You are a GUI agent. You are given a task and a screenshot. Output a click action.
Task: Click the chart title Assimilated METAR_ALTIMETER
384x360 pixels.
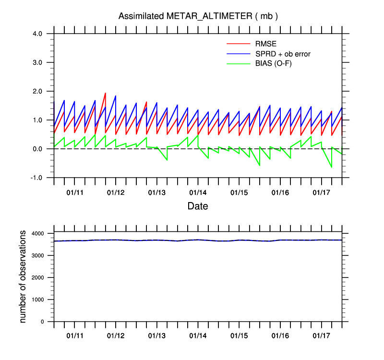click(x=198, y=16)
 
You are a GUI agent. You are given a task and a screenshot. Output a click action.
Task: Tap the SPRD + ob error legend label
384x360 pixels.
click(x=283, y=54)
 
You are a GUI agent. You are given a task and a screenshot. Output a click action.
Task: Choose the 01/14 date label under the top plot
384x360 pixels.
click(x=198, y=192)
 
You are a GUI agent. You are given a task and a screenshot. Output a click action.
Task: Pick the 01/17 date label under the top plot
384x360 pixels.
click(x=321, y=192)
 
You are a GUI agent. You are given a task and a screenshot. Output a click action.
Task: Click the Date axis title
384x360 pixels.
click(x=198, y=206)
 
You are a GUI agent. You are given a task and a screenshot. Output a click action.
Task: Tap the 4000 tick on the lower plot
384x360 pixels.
click(x=37, y=233)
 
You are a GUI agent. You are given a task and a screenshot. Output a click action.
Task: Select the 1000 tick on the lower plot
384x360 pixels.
click(x=37, y=300)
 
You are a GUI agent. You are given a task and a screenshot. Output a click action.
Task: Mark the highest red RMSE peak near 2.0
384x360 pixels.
click(x=105, y=93)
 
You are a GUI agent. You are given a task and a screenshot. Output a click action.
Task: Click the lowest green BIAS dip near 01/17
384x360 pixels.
click(x=331, y=167)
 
